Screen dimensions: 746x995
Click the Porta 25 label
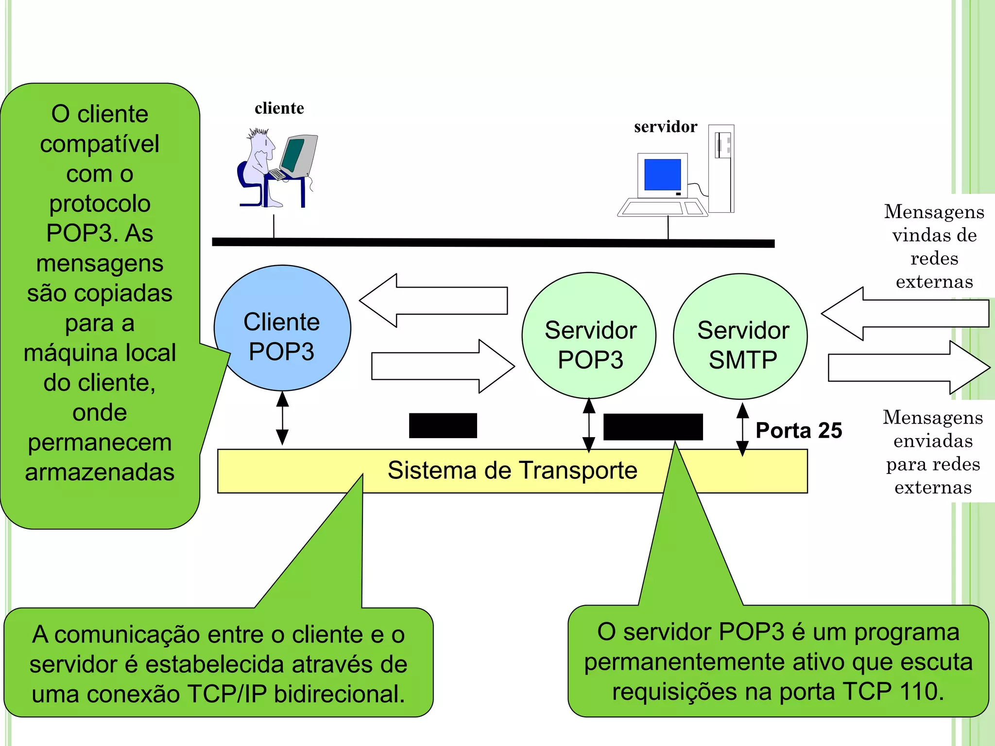point(798,430)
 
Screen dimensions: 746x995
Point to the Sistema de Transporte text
point(512,470)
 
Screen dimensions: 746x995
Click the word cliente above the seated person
point(279,108)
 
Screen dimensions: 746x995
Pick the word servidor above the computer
point(665,127)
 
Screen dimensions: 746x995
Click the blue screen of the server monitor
point(662,174)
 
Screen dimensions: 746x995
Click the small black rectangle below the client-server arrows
point(443,425)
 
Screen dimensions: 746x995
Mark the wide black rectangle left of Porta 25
point(652,426)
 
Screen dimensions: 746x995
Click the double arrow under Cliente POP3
point(282,418)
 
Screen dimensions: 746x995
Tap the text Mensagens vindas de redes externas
point(934,246)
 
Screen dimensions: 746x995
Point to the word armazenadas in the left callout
point(100,472)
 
